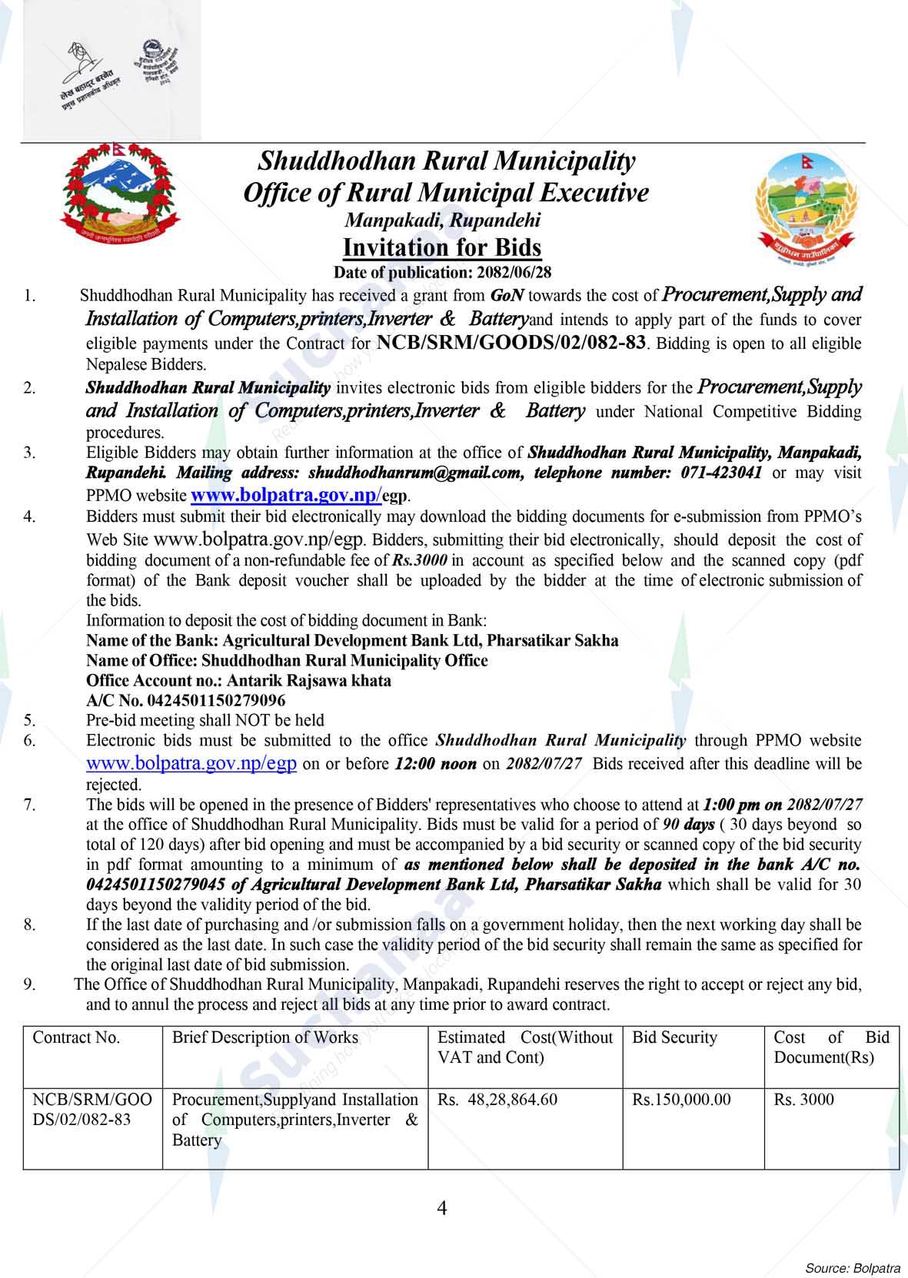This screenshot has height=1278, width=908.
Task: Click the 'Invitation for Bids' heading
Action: (442, 247)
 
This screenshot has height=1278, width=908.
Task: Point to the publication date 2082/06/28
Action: (514, 272)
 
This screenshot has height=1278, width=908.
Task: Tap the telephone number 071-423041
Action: (721, 473)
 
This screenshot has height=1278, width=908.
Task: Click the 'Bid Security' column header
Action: (674, 1037)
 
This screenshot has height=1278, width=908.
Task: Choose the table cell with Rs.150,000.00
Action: (681, 1100)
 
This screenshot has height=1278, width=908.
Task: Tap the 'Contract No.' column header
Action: (76, 1037)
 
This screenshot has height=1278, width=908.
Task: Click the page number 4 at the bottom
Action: (442, 1208)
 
